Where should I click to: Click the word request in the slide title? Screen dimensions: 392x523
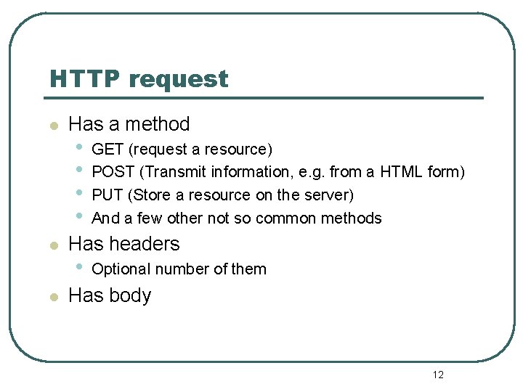tap(178, 79)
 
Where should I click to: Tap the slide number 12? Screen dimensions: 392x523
tap(438, 375)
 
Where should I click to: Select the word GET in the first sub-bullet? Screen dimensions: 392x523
tap(108, 150)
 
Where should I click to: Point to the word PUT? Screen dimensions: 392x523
tap(108, 195)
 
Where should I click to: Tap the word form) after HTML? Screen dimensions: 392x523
tap(444, 172)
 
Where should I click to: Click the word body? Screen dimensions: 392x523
tap(131, 296)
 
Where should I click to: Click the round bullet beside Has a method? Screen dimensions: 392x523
tap(52, 126)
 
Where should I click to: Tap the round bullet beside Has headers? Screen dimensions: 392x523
tap(52, 245)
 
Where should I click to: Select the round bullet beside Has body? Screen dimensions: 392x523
tap(52, 298)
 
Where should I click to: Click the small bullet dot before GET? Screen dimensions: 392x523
tap(78, 147)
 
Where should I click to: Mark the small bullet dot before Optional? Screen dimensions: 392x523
tap(78, 266)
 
